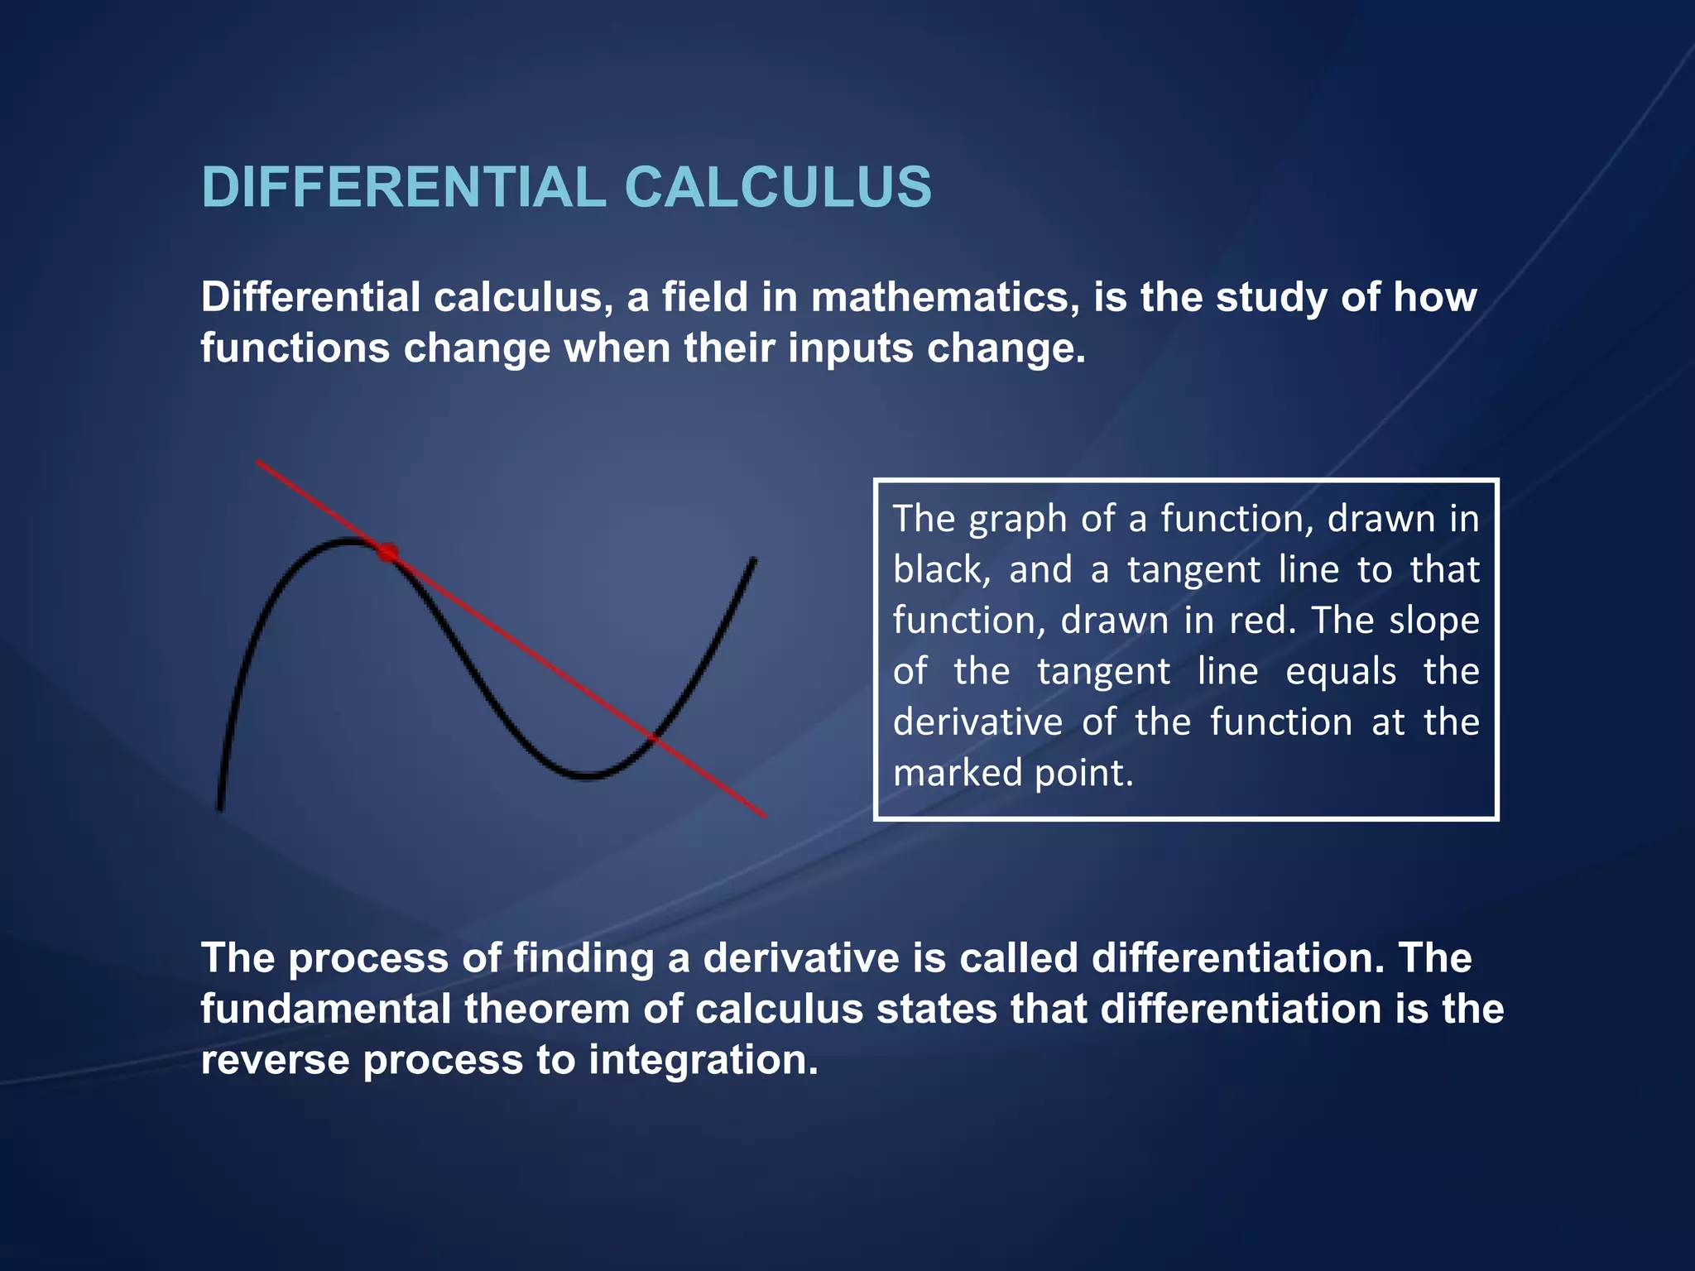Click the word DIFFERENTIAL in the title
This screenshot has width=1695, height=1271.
[404, 187]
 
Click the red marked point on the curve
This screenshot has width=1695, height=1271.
[387, 552]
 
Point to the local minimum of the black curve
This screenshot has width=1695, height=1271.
[586, 776]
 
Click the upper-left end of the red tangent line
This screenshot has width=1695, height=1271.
[258, 462]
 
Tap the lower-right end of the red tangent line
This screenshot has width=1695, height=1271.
[764, 816]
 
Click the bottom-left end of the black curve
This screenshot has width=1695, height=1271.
[220, 808]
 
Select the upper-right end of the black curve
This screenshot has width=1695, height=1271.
[753, 560]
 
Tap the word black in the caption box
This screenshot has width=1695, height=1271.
[939, 570]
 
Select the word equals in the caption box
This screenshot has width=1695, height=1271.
[1341, 672]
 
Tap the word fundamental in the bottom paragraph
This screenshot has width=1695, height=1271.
[324, 1010]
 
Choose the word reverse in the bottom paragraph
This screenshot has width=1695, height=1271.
[274, 1062]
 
